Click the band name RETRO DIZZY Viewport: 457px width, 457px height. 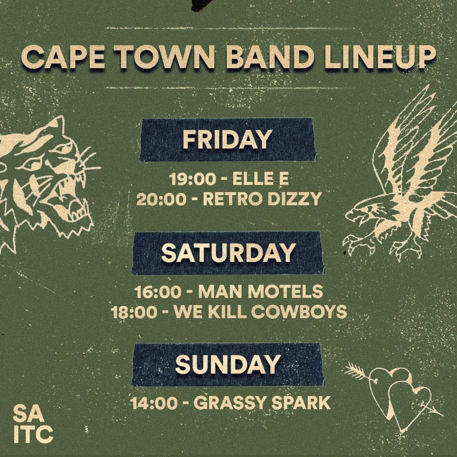(x=262, y=198)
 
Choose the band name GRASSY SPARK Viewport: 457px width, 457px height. (x=262, y=403)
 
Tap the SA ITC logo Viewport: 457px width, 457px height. (x=33, y=424)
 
